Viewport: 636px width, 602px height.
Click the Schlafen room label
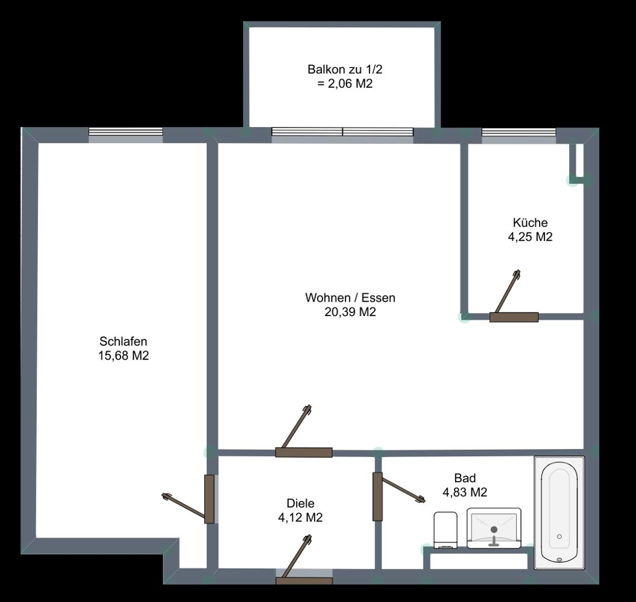tap(124, 341)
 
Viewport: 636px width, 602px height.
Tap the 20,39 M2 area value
tap(350, 312)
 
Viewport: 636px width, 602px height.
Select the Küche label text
tap(530, 222)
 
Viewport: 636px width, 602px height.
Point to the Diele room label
tap(301, 503)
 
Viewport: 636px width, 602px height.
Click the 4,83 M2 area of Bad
tap(465, 492)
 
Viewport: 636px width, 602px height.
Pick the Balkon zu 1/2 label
tap(345, 69)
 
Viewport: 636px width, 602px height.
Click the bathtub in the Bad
tap(559, 512)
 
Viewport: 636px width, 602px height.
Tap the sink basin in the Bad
tap(494, 528)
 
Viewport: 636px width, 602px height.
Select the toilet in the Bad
tap(446, 530)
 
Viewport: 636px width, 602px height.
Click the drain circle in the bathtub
tap(559, 536)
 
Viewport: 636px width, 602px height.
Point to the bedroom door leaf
tap(184, 505)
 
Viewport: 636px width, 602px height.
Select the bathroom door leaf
tap(403, 490)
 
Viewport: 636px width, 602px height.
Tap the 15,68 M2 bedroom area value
tap(124, 356)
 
